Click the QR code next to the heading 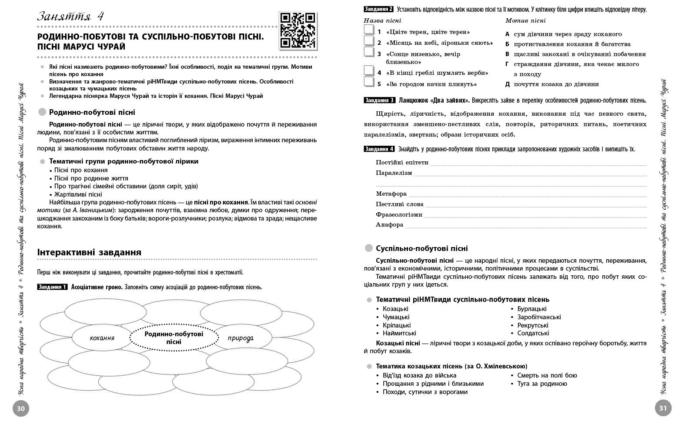(x=297, y=30)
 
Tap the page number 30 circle (x=21, y=408)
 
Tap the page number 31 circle (x=663, y=408)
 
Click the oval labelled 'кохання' (x=102, y=338)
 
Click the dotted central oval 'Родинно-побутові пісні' (x=174, y=338)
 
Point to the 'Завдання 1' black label (x=53, y=287)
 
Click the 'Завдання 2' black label (x=379, y=9)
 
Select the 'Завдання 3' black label (x=379, y=100)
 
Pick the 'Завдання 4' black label (x=379, y=149)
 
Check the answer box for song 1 (x=369, y=30)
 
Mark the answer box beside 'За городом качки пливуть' (x=369, y=82)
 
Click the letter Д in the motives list (x=507, y=84)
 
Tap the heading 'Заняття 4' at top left (x=70, y=17)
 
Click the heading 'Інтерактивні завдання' (x=89, y=252)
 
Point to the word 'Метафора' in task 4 (x=391, y=194)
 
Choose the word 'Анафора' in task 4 (x=389, y=225)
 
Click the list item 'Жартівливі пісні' (x=78, y=194)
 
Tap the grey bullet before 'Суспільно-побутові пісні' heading (x=369, y=248)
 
